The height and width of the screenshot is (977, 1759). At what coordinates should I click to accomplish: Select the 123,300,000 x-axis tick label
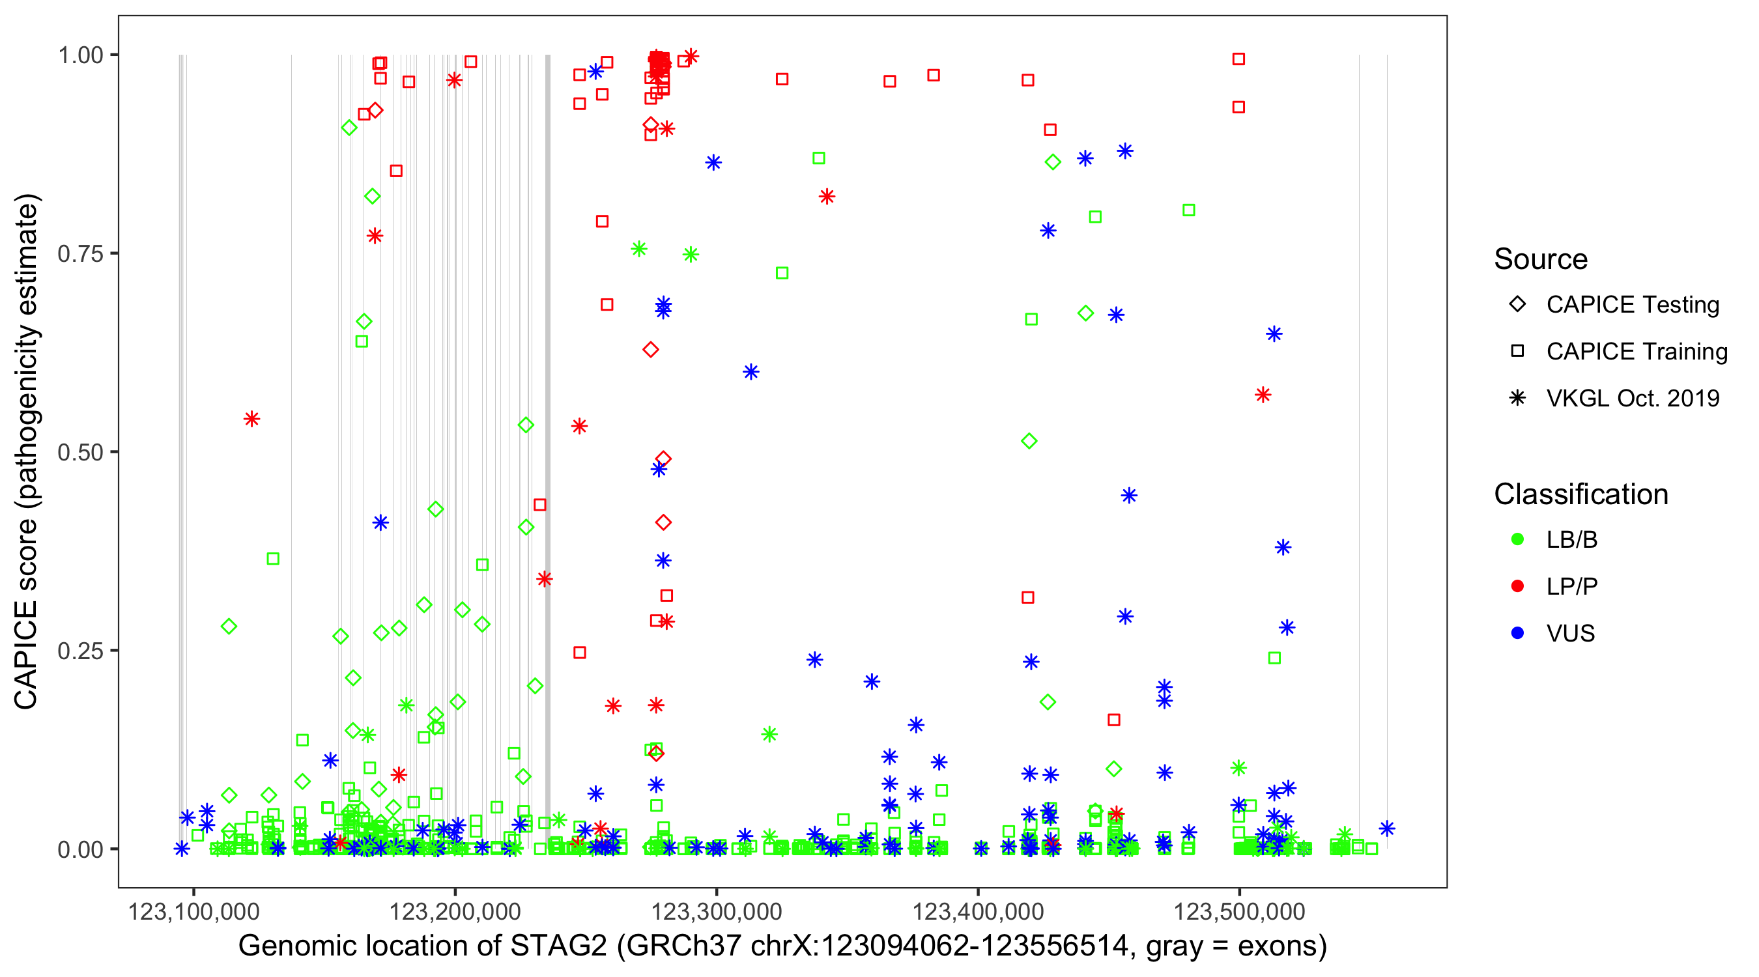(x=715, y=911)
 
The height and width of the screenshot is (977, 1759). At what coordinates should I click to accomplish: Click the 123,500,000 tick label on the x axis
(x=1238, y=911)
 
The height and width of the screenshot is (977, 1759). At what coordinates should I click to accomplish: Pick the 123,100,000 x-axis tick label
(x=194, y=911)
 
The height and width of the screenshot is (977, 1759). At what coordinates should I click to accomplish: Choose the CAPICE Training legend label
(x=1636, y=352)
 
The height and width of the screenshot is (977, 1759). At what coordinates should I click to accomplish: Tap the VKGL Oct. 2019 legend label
(x=1632, y=399)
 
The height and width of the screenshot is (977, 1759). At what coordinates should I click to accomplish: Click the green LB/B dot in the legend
(x=1517, y=539)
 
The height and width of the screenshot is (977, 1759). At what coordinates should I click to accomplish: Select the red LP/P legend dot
(x=1517, y=586)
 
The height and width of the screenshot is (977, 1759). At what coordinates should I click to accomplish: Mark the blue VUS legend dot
(x=1517, y=634)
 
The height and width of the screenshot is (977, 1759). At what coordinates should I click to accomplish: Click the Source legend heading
(x=1541, y=259)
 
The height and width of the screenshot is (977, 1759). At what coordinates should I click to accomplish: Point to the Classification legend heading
(x=1580, y=494)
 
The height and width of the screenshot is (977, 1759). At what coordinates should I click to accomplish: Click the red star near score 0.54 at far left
(x=252, y=419)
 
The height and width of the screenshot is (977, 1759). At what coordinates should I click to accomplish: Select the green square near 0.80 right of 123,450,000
(x=1188, y=210)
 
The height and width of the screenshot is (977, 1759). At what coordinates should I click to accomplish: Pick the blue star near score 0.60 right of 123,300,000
(x=751, y=372)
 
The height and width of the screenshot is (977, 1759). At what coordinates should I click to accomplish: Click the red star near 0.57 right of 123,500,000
(x=1263, y=395)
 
